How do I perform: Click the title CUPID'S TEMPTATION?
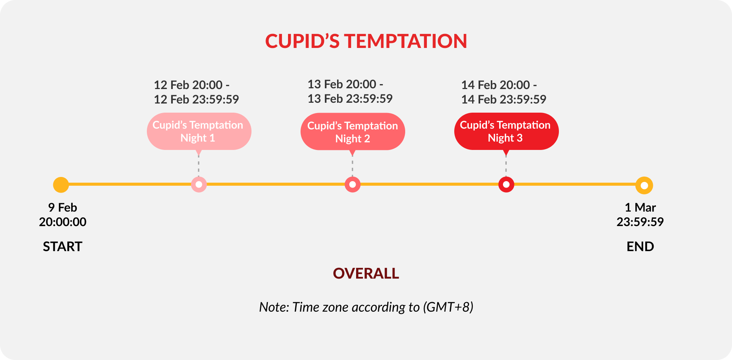pyautogui.click(x=366, y=41)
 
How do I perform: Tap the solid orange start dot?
pyautogui.click(x=61, y=185)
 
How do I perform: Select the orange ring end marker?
pyautogui.click(x=644, y=186)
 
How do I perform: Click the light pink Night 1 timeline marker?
pyautogui.click(x=199, y=185)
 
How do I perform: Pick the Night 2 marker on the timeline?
pyautogui.click(x=353, y=185)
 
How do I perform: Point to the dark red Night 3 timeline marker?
pyautogui.click(x=506, y=185)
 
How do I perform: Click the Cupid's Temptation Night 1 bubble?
pyautogui.click(x=199, y=131)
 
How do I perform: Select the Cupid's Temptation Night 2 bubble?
pyautogui.click(x=353, y=132)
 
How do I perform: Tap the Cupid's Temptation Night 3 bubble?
pyautogui.click(x=506, y=131)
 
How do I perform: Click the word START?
pyautogui.click(x=62, y=247)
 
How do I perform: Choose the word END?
pyautogui.click(x=640, y=247)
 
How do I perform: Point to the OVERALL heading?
pyautogui.click(x=366, y=274)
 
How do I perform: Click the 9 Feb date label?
pyautogui.click(x=62, y=207)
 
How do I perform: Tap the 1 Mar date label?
pyautogui.click(x=640, y=207)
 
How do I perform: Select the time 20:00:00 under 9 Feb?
pyautogui.click(x=62, y=222)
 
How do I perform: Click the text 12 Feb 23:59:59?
pyautogui.click(x=196, y=99)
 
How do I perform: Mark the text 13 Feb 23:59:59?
pyautogui.click(x=350, y=99)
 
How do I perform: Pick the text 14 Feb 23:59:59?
pyautogui.click(x=504, y=99)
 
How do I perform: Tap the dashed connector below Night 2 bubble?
pyautogui.click(x=352, y=166)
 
